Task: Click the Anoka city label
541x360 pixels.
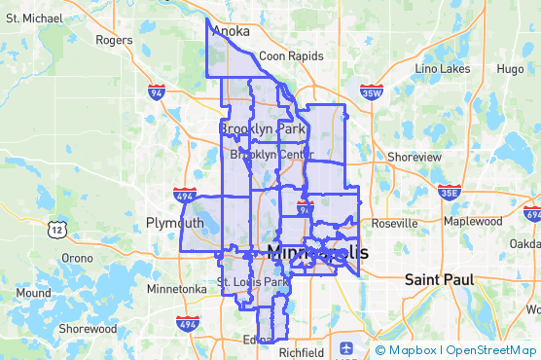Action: (x=231, y=31)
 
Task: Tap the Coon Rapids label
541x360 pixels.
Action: (x=291, y=56)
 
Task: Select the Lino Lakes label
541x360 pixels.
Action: (x=443, y=69)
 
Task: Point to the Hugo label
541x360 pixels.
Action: (x=510, y=69)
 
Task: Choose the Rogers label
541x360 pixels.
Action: (x=114, y=40)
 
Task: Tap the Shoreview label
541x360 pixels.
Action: (x=414, y=157)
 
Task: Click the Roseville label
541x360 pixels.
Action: (x=394, y=223)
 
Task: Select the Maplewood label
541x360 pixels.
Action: (x=473, y=221)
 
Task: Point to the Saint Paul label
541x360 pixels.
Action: (x=439, y=280)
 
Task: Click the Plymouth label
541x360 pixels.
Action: (x=175, y=223)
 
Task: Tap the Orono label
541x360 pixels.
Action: (x=77, y=258)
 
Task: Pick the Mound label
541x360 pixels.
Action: (x=33, y=293)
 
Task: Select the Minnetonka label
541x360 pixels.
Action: (x=176, y=289)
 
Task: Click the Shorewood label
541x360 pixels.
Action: (x=87, y=329)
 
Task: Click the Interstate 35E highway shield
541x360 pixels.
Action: (x=449, y=192)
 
